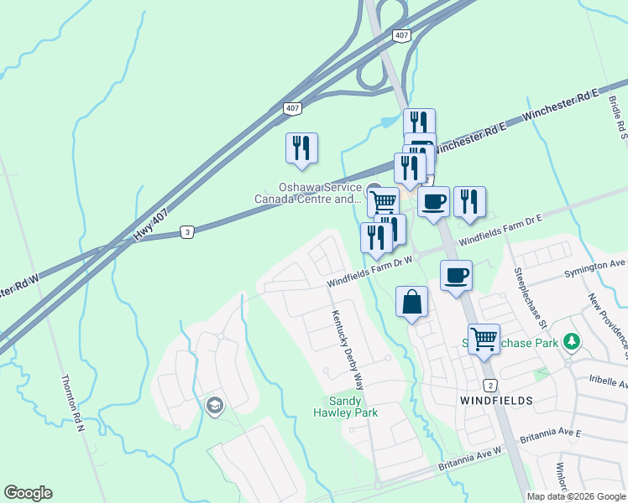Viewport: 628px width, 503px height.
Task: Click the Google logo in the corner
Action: (28, 493)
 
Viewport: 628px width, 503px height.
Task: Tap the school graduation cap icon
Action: (215, 406)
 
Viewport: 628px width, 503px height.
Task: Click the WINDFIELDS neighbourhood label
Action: (496, 402)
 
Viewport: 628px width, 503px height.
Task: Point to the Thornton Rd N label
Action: (73, 402)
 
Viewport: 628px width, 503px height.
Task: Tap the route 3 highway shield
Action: (188, 232)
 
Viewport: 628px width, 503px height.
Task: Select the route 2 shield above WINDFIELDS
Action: (490, 384)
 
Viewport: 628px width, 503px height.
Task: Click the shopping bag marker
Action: (411, 303)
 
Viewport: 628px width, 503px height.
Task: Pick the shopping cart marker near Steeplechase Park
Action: (484, 340)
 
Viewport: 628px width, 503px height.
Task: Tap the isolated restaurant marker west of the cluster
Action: (301, 148)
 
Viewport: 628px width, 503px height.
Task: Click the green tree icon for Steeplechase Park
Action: (572, 341)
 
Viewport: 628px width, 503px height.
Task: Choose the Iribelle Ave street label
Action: (608, 380)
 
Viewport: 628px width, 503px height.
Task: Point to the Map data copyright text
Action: (576, 496)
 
